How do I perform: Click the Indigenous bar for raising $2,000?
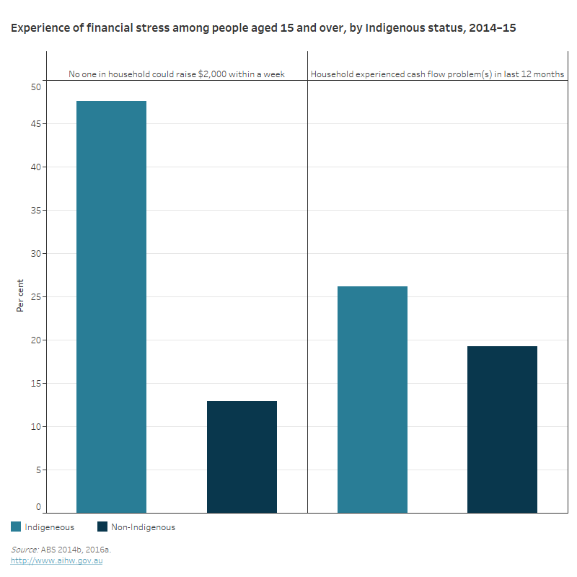click(x=111, y=307)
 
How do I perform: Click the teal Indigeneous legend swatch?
click(x=17, y=527)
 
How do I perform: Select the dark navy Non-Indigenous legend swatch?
click(x=102, y=527)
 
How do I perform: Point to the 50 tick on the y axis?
click(x=36, y=87)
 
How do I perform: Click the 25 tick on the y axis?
click(x=36, y=296)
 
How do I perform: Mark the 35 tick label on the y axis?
click(x=36, y=210)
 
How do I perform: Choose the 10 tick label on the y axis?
click(x=36, y=426)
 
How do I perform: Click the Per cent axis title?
click(x=20, y=295)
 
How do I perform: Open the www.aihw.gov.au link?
click(x=56, y=560)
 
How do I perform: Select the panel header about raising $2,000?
click(x=177, y=74)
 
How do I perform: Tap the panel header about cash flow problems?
click(x=437, y=74)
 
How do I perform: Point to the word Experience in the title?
click(x=40, y=28)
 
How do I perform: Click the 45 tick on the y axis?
click(x=36, y=123)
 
